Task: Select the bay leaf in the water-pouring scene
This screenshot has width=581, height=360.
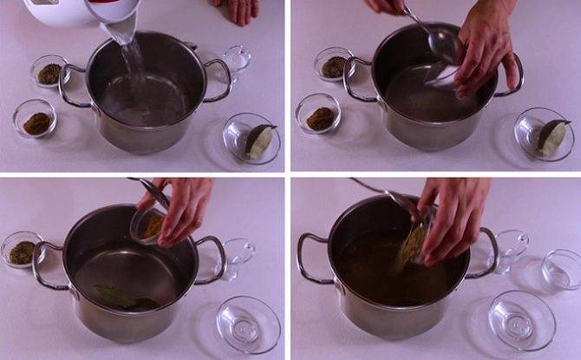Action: click(258, 139)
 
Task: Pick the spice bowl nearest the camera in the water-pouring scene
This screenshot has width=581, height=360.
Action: click(36, 121)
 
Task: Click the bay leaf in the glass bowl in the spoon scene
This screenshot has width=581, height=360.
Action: click(552, 134)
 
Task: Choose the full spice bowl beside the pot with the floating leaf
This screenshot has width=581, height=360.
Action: click(23, 251)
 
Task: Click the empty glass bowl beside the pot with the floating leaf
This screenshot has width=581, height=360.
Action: click(248, 324)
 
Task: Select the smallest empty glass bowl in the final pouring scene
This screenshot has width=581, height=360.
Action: click(561, 269)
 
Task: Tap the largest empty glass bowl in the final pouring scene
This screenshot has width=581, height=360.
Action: click(521, 319)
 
